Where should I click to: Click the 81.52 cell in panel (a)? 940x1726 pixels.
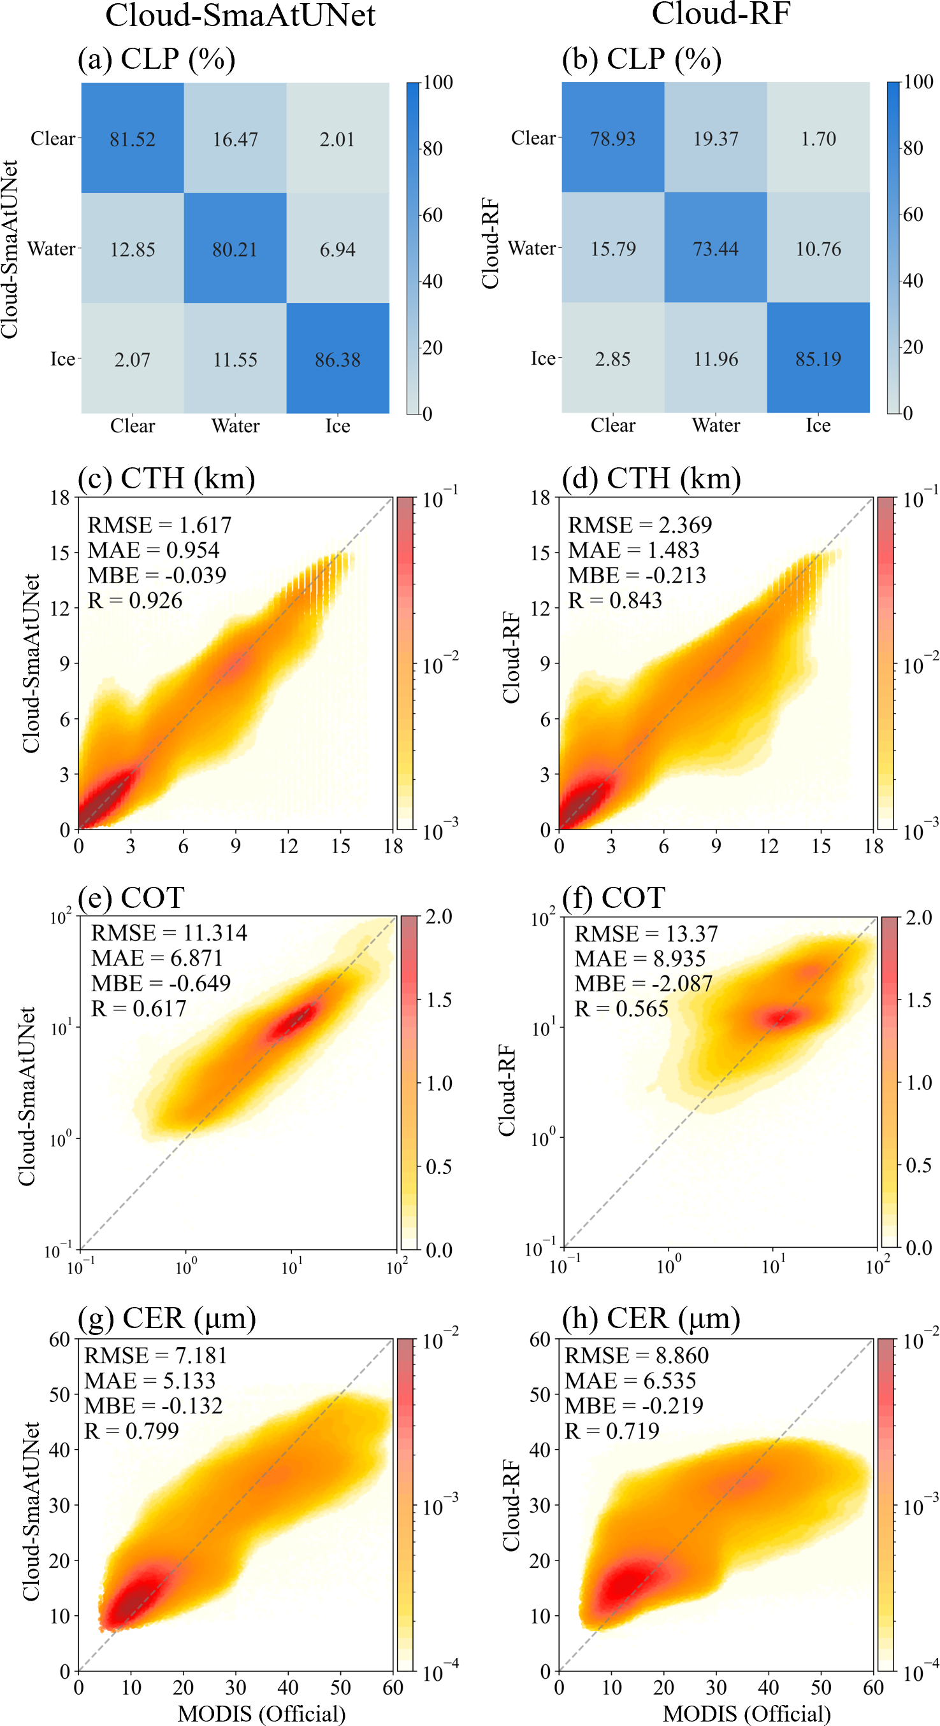click(132, 139)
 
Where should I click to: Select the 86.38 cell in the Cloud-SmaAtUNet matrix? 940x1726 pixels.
click(337, 359)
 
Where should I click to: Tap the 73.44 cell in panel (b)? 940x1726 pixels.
click(716, 248)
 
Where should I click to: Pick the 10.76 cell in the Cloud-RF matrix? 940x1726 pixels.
click(818, 248)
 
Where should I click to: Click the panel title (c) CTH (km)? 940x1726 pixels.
click(166, 478)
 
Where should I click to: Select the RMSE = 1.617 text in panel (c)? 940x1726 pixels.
click(159, 525)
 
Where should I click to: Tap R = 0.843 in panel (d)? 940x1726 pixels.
click(615, 600)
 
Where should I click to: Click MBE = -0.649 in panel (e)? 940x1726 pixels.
click(161, 984)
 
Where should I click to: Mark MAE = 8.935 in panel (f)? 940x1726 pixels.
click(640, 959)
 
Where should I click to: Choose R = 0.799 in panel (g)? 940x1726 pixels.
click(131, 1431)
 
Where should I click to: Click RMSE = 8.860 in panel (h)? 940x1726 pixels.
click(636, 1355)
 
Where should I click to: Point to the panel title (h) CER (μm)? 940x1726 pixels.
click(651, 1318)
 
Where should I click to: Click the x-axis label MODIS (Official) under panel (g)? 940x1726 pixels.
click(261, 1713)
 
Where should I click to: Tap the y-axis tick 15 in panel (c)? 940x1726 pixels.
click(61, 553)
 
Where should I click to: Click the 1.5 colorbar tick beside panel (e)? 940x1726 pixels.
click(439, 1000)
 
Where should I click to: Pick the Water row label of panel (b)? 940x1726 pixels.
click(531, 248)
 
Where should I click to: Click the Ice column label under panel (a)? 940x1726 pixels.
click(337, 426)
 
